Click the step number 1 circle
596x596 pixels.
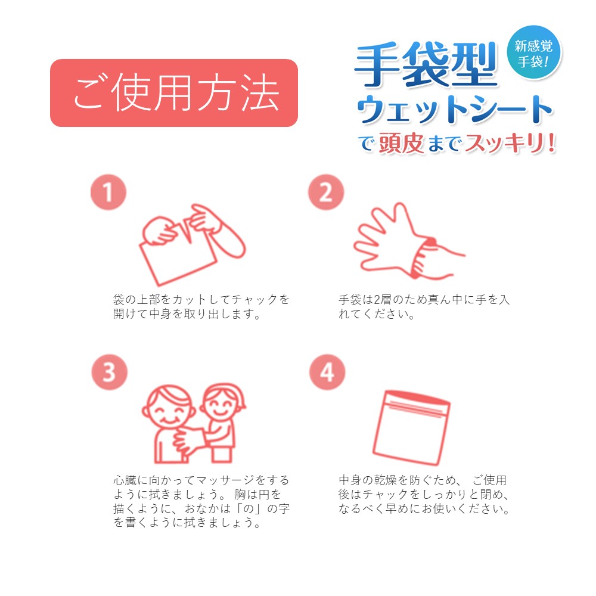tap(108, 192)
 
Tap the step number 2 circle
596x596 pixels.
tap(326, 192)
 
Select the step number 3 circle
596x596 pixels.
tap(110, 372)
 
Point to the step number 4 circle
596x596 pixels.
tap(327, 372)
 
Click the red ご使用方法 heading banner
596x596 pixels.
tap(173, 93)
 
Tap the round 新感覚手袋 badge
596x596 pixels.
tap(534, 52)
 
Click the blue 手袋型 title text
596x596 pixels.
tap(426, 64)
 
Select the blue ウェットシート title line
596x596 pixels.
tap(455, 109)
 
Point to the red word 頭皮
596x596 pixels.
tap(401, 144)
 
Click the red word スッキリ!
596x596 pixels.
tap(510, 144)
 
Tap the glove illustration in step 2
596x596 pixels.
tap(392, 240)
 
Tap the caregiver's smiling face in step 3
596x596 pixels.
tap(221, 403)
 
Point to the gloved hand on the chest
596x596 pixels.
tap(190, 441)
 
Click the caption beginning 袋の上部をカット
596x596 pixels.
tap(201, 307)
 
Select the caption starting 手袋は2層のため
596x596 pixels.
tap(424, 307)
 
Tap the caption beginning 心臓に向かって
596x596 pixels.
tap(201, 501)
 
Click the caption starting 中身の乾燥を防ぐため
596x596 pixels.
tap(424, 495)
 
